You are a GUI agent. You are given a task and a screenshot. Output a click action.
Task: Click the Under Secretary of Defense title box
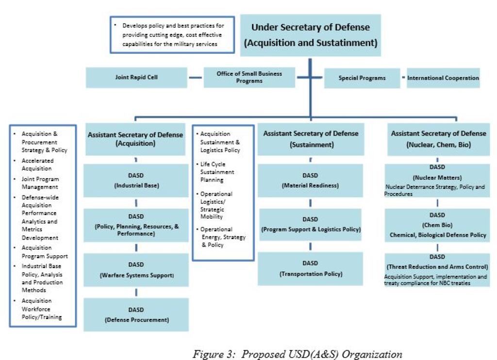[x=311, y=35]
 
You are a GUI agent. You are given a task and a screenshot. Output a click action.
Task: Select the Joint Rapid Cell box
[x=136, y=77]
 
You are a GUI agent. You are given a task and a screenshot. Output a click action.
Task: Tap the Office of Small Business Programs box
[x=249, y=77]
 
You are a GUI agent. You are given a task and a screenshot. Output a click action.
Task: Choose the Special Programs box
[x=362, y=78]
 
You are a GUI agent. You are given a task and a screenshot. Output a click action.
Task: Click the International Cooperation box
[x=443, y=78]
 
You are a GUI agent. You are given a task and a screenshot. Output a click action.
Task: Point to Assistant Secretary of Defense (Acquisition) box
[x=135, y=139]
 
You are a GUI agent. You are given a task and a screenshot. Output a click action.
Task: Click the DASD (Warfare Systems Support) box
[x=136, y=270]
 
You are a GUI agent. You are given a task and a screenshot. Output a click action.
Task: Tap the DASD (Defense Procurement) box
[x=136, y=314]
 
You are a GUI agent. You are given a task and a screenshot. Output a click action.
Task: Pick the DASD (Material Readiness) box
[x=310, y=180]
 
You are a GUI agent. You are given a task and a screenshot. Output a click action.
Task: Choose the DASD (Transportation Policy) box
[x=310, y=268]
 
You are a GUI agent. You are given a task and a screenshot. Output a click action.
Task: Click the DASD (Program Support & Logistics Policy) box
[x=310, y=224]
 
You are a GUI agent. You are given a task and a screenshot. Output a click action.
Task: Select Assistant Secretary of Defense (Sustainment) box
[x=311, y=139]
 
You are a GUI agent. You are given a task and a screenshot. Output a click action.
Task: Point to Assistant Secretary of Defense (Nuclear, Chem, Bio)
[x=438, y=139]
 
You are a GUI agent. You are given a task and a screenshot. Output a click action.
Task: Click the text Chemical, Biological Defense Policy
[x=438, y=235]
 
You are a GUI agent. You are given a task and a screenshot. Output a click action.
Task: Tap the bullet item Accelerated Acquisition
[x=37, y=164]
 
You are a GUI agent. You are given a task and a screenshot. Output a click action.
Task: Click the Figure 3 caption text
[x=297, y=354]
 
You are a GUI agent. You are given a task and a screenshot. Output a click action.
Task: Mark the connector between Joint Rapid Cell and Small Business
[x=195, y=78]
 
